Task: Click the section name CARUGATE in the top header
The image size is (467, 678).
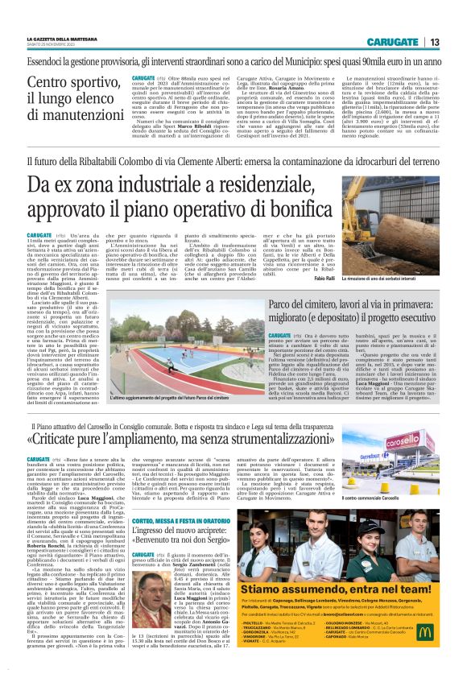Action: tap(392, 43)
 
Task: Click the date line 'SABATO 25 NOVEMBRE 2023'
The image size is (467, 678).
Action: tap(54, 44)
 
